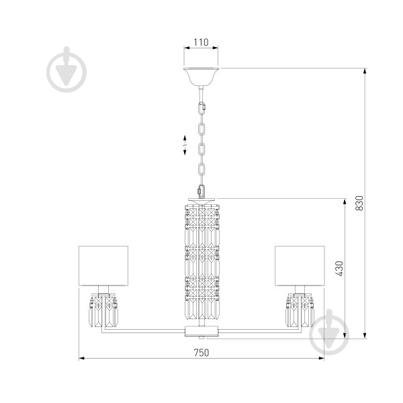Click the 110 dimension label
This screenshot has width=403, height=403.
pos(201,42)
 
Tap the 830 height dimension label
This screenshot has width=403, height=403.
pos(359,203)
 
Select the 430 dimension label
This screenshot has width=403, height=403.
pos(339,269)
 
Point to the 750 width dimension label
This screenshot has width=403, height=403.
pos(201,353)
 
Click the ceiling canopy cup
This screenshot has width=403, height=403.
pos(201,77)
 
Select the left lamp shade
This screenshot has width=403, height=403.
pos(103,266)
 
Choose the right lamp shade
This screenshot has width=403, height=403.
pos(300,266)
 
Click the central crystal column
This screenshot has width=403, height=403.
pos(202,262)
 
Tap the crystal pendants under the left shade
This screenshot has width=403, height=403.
pos(103,312)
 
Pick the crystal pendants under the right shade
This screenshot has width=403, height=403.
pos(300,312)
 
